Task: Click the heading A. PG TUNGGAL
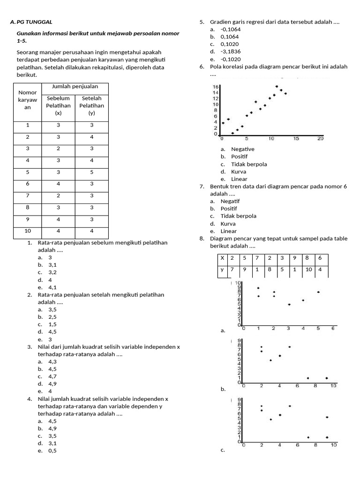[x=31, y=22]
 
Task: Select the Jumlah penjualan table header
[x=75, y=87]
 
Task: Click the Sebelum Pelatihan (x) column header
[x=58, y=105]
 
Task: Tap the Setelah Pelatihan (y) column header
[x=91, y=105]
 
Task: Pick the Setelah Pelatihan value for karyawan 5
[x=91, y=172]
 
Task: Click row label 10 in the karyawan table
[x=28, y=231]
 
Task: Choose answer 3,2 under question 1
[x=52, y=272]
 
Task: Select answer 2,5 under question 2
[x=52, y=317]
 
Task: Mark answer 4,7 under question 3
[x=52, y=376]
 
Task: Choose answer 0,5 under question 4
[x=52, y=450]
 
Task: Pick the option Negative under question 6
[x=243, y=149]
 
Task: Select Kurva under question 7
[x=229, y=224]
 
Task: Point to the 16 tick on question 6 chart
[x=216, y=87]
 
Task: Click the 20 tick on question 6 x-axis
[x=320, y=139]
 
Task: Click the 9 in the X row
[x=294, y=258]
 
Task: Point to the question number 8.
[x=202, y=239]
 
